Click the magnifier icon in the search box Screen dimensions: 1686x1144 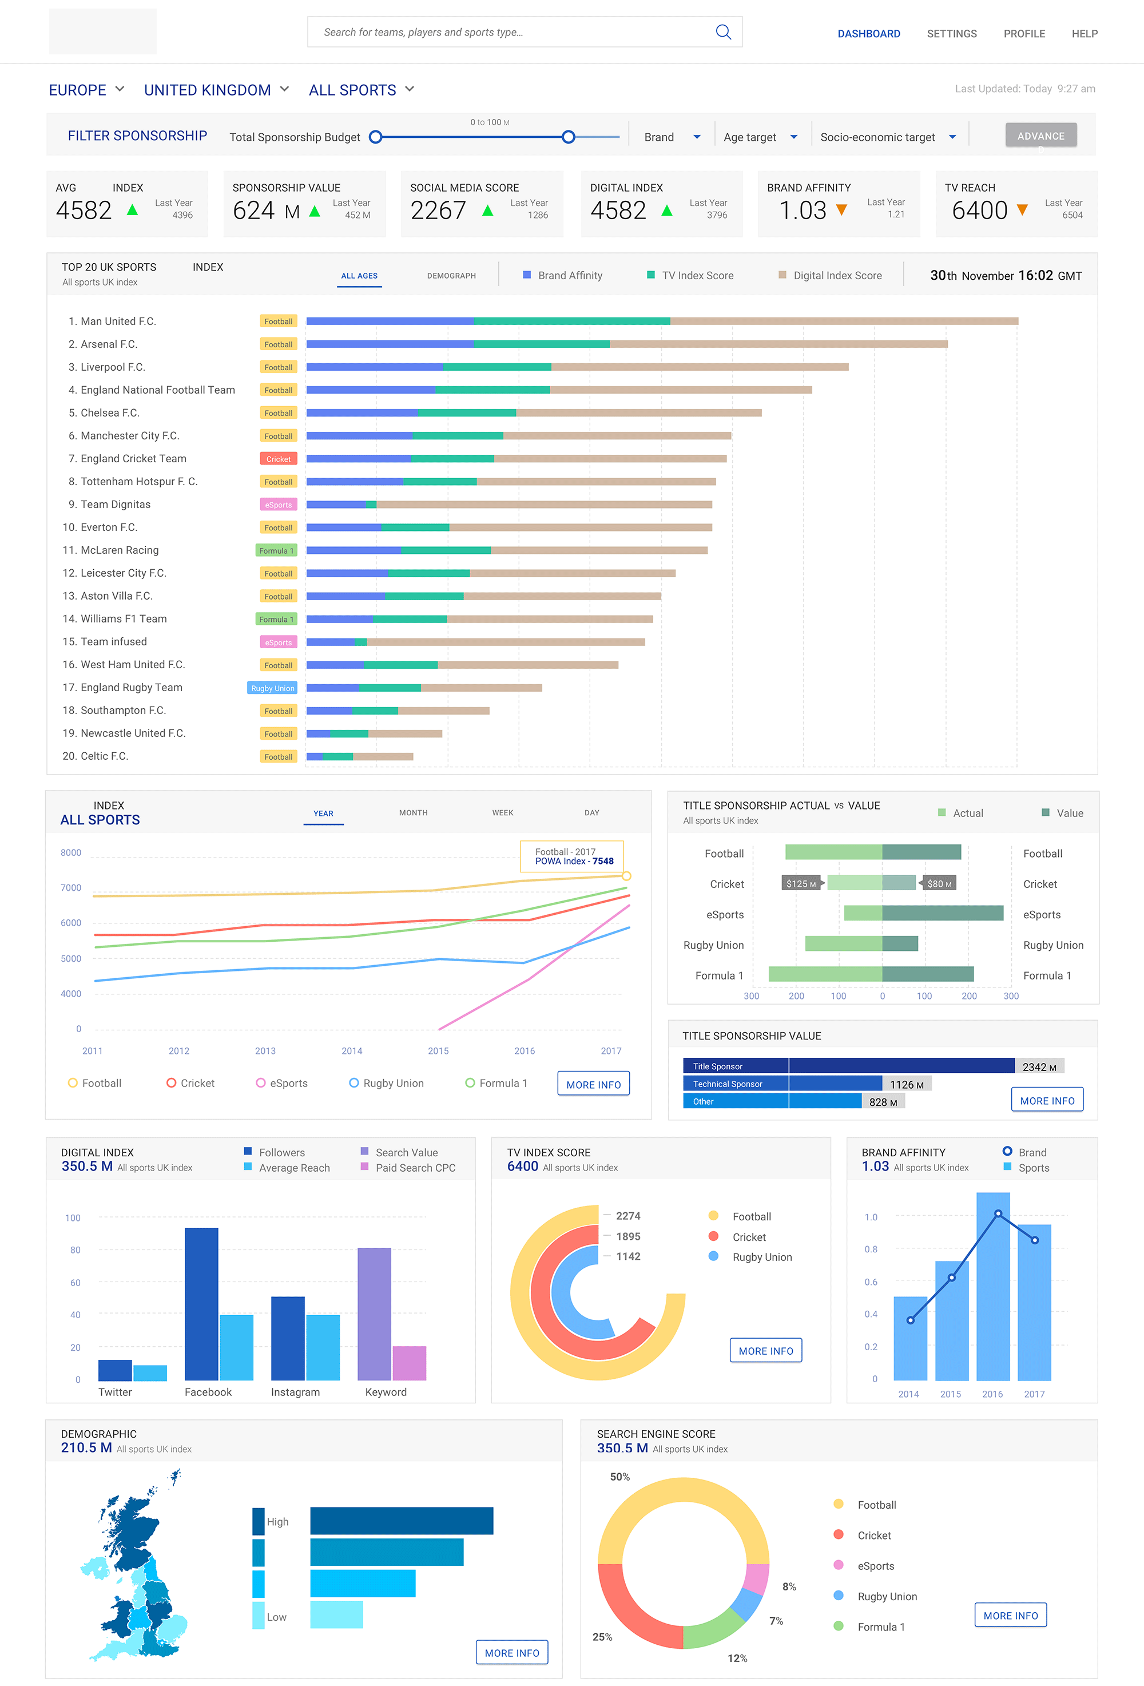click(x=722, y=32)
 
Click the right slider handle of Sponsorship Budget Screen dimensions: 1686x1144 click(x=569, y=137)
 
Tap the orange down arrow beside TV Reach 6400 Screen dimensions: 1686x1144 click(x=1022, y=211)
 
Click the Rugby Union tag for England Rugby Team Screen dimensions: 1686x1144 click(x=272, y=688)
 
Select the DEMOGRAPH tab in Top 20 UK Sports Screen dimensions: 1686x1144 click(x=451, y=276)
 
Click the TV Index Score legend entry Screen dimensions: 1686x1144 click(x=690, y=276)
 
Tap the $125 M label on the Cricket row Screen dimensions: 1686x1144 click(x=800, y=884)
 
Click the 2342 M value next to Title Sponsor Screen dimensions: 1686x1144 click(x=1039, y=1067)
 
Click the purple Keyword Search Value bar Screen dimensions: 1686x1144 click(x=374, y=1314)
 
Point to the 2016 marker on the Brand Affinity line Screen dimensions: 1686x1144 click(x=998, y=1213)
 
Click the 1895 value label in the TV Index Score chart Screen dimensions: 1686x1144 click(x=627, y=1237)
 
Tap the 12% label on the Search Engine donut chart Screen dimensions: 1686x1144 click(x=737, y=1659)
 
